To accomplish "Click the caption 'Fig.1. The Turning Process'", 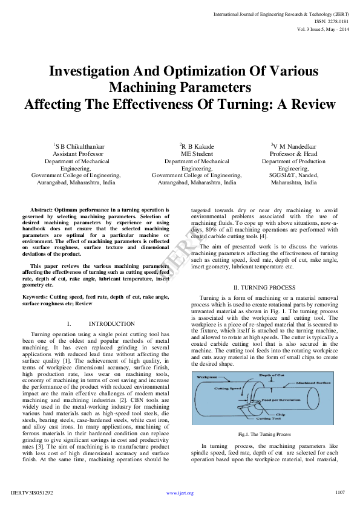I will (x=265, y=434).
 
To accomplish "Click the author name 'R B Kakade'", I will (x=197, y=147).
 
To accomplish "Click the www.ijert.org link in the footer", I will (x=180, y=493).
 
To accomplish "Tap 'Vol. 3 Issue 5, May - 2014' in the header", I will (x=323, y=29).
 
